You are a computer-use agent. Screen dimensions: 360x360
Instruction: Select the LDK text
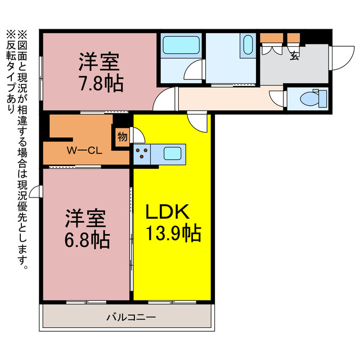coord(169,212)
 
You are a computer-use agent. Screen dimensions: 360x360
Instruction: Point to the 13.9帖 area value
coord(174,232)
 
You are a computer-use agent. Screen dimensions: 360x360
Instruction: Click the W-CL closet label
coord(84,150)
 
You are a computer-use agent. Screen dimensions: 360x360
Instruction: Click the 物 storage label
coord(121,136)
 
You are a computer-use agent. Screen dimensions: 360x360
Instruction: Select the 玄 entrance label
coord(294,55)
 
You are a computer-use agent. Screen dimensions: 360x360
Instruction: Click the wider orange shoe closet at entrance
coord(272,39)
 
